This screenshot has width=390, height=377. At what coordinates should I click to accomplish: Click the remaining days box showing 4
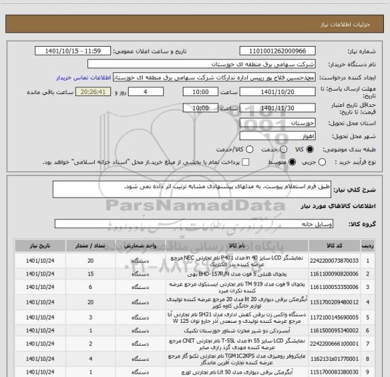pos(133,92)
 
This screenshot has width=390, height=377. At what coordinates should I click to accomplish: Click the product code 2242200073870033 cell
pos(344,260)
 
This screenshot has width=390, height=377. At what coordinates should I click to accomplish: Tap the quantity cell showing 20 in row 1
pos(91,260)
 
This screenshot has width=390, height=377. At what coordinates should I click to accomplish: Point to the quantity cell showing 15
pos(91,273)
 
